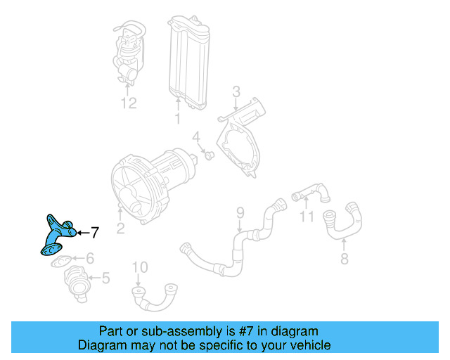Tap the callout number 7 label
tap(96, 232)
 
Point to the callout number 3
tap(236, 91)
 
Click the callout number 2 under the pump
tap(120, 226)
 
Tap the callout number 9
tap(239, 212)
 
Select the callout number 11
tap(306, 217)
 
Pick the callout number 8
tap(343, 259)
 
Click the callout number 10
tap(140, 266)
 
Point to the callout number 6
tap(91, 259)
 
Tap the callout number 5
tap(105, 279)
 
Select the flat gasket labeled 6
tap(60, 261)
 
